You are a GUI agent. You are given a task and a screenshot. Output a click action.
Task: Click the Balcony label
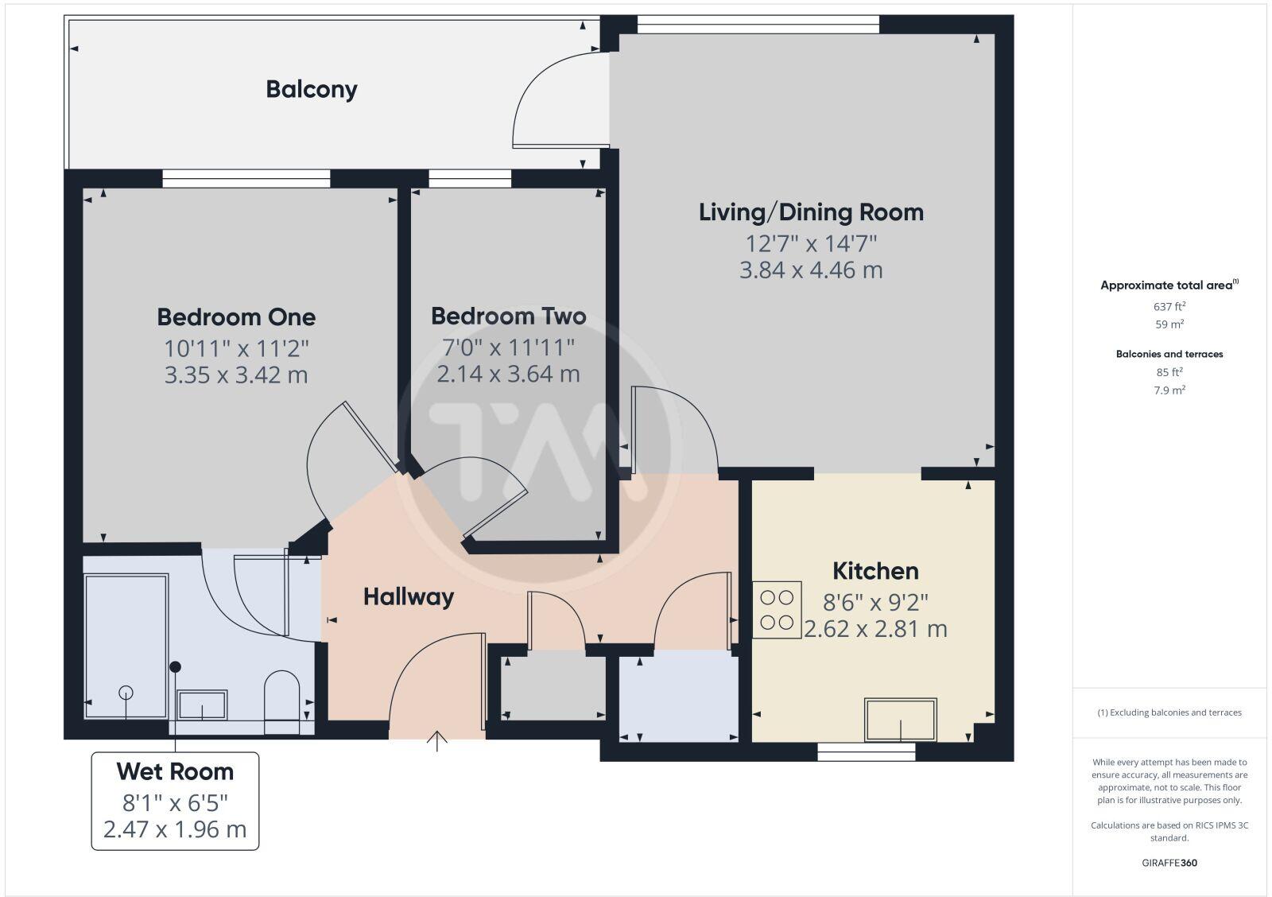pos(311,89)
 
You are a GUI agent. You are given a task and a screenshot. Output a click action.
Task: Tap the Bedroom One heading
pos(236,317)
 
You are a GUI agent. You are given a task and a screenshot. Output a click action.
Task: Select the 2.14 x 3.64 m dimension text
pos(508,374)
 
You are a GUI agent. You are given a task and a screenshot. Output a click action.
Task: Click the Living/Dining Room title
pos(811,212)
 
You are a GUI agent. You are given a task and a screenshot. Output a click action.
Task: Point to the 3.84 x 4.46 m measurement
pos(811,270)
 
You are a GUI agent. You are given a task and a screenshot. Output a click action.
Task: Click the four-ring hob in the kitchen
pos(777,610)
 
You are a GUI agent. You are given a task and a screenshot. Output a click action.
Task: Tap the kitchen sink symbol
pos(900,720)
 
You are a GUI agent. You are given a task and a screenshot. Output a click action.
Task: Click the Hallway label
pos(409,597)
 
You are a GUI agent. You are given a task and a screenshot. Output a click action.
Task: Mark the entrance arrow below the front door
pos(437,740)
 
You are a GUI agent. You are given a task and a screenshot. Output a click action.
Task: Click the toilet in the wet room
pos(281,700)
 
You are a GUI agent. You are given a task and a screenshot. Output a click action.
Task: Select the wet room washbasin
pos(202,705)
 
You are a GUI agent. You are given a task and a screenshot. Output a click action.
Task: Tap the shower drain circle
pos(126,692)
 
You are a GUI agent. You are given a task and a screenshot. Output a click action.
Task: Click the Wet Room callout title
pos(175,771)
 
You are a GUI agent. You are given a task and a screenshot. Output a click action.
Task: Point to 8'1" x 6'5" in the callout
pos(175,802)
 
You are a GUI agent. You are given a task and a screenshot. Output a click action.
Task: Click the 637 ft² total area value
pos(1169,306)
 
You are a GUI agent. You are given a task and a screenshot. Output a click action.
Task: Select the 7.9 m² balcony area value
pos(1169,390)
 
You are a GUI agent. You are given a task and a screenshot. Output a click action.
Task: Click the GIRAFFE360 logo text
pos(1169,863)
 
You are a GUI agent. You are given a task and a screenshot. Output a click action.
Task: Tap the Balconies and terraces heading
pos(1169,354)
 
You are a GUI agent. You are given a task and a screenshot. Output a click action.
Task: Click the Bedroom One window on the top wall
pos(246,178)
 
